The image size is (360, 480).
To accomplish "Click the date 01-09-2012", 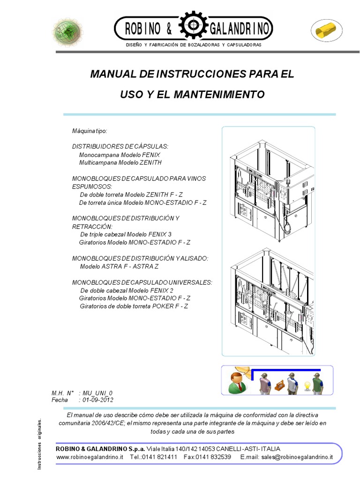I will pos(98,400).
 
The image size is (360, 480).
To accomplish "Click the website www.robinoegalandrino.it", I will pos(90,457).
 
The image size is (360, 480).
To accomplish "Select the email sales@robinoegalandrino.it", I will pos(297,457).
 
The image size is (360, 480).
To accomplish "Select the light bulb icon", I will pos(307,385).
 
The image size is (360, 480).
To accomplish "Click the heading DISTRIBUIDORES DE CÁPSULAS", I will pos(120,146).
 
